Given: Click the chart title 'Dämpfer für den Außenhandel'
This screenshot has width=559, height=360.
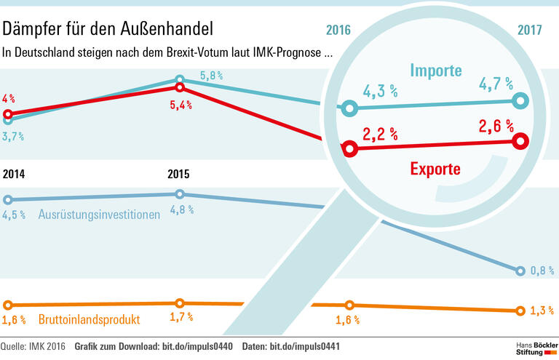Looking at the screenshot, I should pos(108,30).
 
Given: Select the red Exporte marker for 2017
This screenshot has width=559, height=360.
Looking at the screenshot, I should pos(520,141).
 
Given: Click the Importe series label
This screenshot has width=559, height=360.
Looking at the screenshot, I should pos(435,71).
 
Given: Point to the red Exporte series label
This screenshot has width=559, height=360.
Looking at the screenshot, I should pos(435,169).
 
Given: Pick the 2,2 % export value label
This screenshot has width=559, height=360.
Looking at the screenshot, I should pos(380,133).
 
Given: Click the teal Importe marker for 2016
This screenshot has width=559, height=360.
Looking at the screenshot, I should pos(350,109).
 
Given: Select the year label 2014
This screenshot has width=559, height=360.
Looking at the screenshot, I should pos(15,175).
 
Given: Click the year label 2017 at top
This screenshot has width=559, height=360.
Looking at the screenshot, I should pos(530,31).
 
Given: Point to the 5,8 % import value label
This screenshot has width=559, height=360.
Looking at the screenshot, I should pos(211,76).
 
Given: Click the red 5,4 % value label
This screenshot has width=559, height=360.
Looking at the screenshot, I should pos(180,105).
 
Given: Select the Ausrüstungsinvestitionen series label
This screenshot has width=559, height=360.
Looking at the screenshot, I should pos(99,215).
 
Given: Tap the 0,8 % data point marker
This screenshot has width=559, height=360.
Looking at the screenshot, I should pos(520,271).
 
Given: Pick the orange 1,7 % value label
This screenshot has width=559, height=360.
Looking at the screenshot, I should pos(180,316).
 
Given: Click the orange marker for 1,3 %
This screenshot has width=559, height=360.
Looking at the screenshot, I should pos(520,311).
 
